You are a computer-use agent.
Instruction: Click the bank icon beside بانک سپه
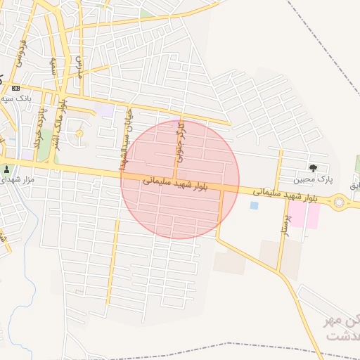point(15,89)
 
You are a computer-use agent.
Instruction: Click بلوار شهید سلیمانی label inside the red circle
point(176,184)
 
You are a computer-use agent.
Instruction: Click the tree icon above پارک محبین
point(313,168)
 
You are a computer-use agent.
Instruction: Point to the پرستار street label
point(285,229)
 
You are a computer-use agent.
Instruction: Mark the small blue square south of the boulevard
point(254,205)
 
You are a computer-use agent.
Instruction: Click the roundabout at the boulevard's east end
point(340,202)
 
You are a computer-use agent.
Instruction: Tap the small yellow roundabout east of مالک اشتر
point(79,133)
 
